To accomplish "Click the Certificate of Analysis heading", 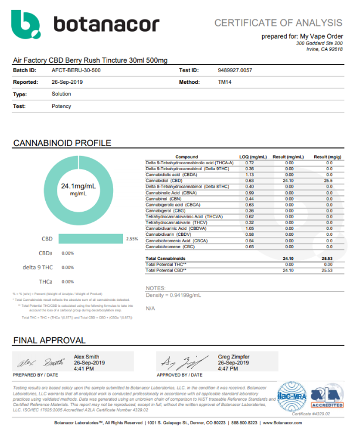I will tap(278, 23).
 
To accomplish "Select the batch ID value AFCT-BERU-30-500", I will tap(75, 70).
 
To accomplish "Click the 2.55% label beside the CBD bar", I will tap(132, 239).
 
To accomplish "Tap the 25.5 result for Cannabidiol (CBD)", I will tap(328, 180).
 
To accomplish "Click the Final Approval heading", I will tap(49, 340).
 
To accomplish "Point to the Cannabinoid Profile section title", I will tap(62, 143).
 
